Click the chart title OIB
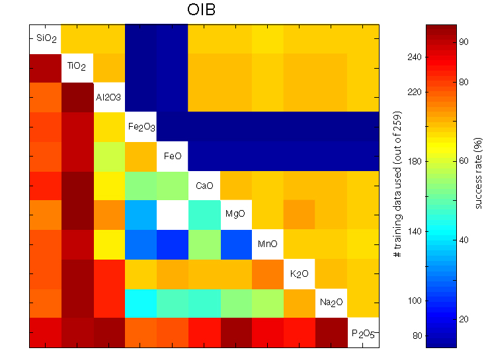(x=204, y=11)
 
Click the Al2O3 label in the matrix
(x=108, y=97)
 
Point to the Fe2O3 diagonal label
(x=140, y=127)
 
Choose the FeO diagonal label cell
(x=172, y=157)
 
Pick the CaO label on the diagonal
(x=204, y=186)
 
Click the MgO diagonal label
(x=235, y=215)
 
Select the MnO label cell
(x=267, y=244)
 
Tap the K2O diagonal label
(x=299, y=273)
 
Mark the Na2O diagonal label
(x=331, y=303)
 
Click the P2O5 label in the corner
(x=362, y=332)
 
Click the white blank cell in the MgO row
(x=172, y=215)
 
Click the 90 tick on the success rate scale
(x=464, y=42)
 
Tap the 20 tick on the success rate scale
(x=464, y=320)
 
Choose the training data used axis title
(x=398, y=186)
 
